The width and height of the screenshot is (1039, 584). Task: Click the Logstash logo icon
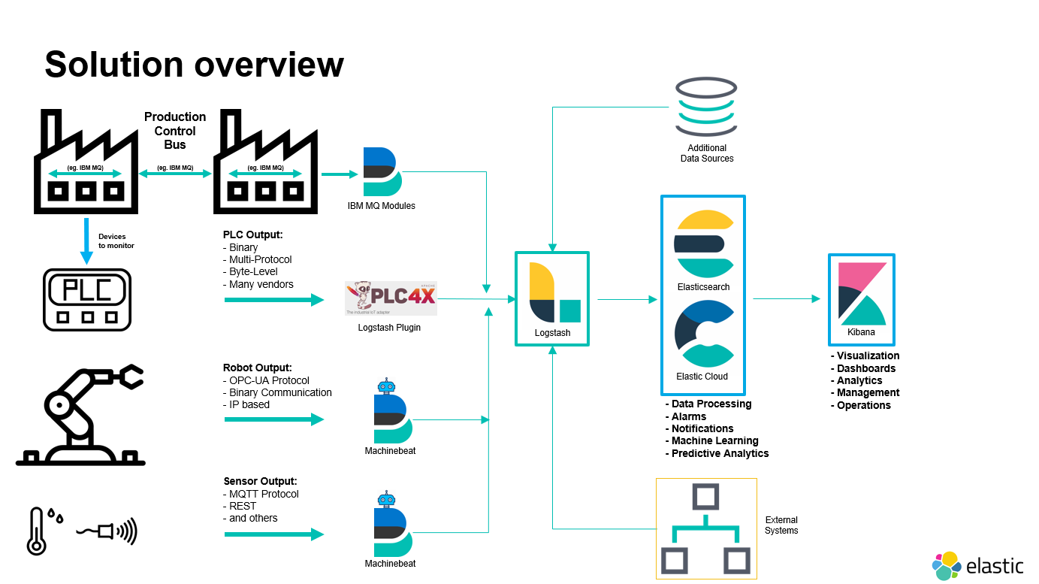point(554,292)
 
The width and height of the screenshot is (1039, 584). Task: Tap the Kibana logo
point(862,294)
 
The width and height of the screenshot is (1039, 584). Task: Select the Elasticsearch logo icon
point(704,244)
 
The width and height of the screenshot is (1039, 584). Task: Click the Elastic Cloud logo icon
point(704,333)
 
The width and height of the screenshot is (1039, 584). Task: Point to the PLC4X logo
point(391,298)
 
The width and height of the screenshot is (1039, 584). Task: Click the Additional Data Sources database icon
point(706,106)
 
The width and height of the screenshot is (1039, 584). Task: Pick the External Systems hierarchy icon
point(706,528)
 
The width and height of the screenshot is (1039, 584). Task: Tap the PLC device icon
point(87,300)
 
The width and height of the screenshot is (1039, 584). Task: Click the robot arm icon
point(80,415)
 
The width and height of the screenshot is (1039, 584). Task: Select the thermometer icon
point(37,531)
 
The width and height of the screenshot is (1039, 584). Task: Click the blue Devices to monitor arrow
point(86,241)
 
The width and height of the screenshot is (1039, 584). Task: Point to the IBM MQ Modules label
point(382,206)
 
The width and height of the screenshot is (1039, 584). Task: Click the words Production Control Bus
point(175,131)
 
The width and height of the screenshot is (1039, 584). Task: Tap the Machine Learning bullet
point(712,440)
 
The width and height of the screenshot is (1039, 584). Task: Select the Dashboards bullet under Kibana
point(863,368)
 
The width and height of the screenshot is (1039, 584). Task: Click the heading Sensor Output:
point(260,481)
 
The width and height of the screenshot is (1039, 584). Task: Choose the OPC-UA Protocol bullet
point(266,380)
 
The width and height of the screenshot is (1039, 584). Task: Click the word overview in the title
point(269,65)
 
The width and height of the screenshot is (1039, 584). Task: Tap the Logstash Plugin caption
point(389,327)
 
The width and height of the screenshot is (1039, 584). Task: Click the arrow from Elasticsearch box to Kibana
point(787,299)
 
